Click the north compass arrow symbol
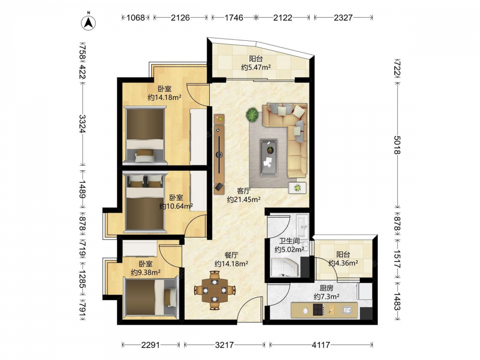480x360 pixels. (88, 22)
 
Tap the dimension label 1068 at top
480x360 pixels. (136, 18)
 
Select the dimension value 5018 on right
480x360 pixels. (397, 145)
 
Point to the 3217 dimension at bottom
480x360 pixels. (224, 345)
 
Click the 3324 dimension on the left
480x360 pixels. (83, 124)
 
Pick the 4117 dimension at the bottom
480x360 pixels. (321, 345)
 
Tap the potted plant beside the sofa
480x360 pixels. (252, 115)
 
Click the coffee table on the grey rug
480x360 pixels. (269, 157)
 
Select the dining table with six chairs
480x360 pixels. (215, 290)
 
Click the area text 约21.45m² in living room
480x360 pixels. (244, 200)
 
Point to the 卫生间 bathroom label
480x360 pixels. (289, 241)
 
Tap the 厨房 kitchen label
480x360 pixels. (326, 288)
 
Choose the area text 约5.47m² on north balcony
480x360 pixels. (256, 67)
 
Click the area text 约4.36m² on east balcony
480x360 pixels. (344, 263)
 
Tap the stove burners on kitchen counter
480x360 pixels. (318, 310)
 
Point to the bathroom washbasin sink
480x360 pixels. (303, 226)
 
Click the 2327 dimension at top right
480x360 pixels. (343, 18)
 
